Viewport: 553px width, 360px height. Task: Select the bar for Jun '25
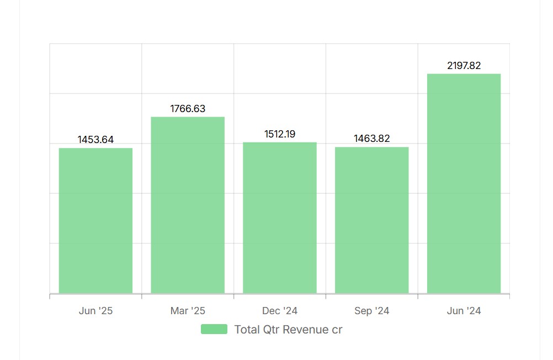pyautogui.click(x=95, y=221)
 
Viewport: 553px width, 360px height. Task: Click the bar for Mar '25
pyautogui.click(x=188, y=205)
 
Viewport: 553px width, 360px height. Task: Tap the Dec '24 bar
pyautogui.click(x=280, y=218)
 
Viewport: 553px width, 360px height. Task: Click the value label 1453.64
pyautogui.click(x=95, y=140)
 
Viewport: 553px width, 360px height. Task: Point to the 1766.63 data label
pyautogui.click(x=188, y=109)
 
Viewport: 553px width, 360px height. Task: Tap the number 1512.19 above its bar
pyautogui.click(x=280, y=134)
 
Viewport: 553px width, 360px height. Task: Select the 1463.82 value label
pyautogui.click(x=372, y=139)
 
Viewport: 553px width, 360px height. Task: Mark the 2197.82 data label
pyautogui.click(x=464, y=66)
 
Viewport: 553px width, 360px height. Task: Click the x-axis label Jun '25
pyautogui.click(x=95, y=311)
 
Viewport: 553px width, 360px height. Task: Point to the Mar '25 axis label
pyautogui.click(x=188, y=311)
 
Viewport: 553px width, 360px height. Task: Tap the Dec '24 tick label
pyautogui.click(x=280, y=311)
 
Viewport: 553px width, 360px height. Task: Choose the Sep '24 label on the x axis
pyautogui.click(x=372, y=311)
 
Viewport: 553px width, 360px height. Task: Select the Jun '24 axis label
pyautogui.click(x=464, y=311)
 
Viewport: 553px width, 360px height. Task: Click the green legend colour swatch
pyautogui.click(x=214, y=330)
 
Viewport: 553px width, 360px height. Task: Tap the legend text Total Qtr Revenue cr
pyautogui.click(x=288, y=330)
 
